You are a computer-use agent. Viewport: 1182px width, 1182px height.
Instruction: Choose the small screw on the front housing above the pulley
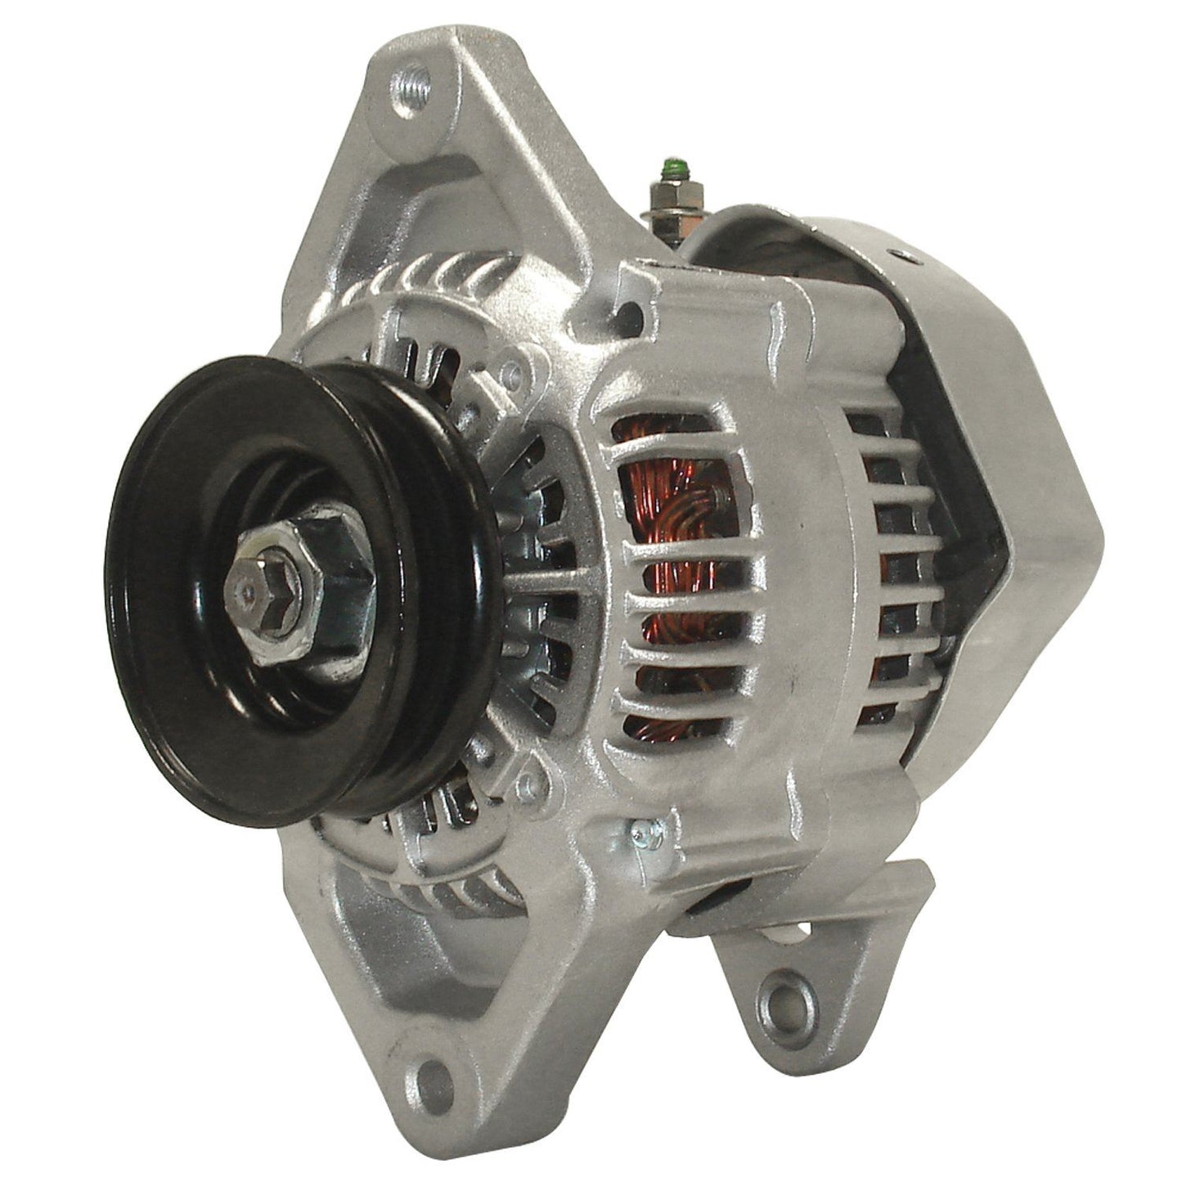(x=513, y=375)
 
